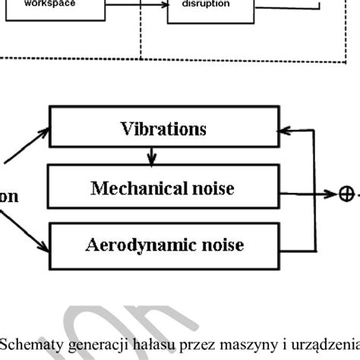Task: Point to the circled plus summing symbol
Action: pyautogui.click(x=346, y=194)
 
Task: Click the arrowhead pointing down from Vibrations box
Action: pyautogui.click(x=153, y=161)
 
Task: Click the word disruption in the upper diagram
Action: pyautogui.click(x=202, y=5)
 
